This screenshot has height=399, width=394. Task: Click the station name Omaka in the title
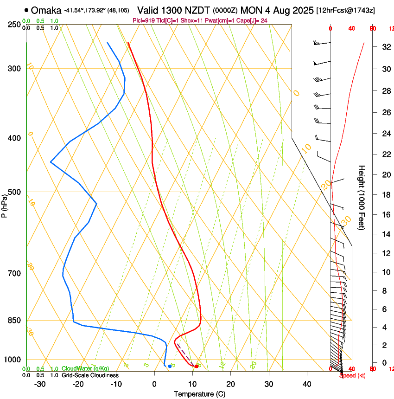46,10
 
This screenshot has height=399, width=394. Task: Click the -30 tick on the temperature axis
40,384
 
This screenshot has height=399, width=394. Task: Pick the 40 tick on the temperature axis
307,384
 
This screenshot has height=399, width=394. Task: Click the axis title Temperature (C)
199,394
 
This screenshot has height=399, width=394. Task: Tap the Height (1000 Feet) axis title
362,197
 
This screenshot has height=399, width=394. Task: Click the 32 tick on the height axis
385,47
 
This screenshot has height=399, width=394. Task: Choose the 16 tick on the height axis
385,215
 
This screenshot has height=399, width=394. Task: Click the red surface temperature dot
197,366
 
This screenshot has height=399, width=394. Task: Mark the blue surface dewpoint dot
170,366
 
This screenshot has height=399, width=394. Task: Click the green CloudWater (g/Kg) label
85,368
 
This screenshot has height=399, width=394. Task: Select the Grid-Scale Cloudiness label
90,375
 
